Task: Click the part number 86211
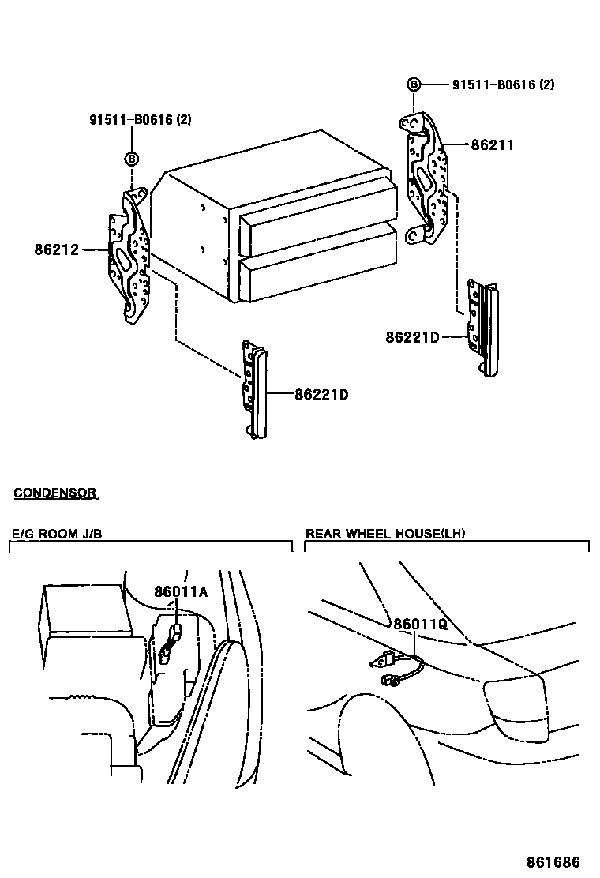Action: point(493,145)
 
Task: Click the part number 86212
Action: point(57,250)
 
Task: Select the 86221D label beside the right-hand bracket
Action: point(412,337)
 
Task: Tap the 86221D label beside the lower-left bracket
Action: point(321,393)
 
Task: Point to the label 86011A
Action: point(181,592)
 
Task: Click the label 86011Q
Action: point(420,624)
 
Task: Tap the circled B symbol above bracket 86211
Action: point(414,84)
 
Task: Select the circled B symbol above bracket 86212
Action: point(132,159)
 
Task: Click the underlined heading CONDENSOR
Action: point(55,493)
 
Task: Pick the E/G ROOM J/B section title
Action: point(56,534)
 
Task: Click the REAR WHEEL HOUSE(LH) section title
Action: point(385,534)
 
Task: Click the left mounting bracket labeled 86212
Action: point(129,257)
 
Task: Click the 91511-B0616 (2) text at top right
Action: point(503,84)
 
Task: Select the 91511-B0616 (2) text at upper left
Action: point(141,120)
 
